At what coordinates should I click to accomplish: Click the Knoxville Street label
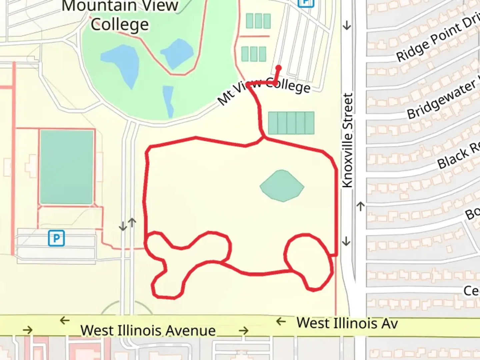coord(347,140)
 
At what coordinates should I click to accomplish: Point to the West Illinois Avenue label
coord(148,330)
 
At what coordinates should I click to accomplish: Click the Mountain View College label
coord(120,15)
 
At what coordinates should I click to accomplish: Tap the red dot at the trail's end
coord(278,68)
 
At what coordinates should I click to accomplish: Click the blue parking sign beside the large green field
coord(56,238)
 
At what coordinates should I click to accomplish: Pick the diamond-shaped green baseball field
coord(282,186)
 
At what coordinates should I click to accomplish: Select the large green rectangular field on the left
coord(66,167)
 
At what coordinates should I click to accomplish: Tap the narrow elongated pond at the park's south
coord(168,100)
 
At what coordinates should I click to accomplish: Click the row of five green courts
coord(291,123)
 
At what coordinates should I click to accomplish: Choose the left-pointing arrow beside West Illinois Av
coord(281,322)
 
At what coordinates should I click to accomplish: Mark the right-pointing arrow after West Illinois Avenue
coord(244,331)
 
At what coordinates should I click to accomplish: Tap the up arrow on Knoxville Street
coord(360,206)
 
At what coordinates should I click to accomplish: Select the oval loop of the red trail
coord(309,261)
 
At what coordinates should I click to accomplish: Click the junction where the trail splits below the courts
coord(264,138)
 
